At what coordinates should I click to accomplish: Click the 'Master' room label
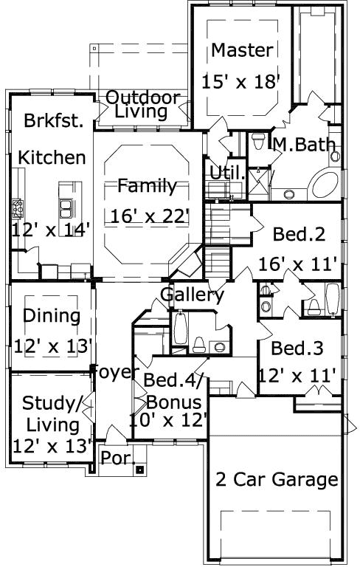point(242,50)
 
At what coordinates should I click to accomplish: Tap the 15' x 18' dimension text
point(242,80)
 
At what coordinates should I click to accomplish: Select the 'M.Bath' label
point(304,145)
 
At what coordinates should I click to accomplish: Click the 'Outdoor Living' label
point(143,104)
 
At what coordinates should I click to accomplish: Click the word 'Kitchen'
point(52,157)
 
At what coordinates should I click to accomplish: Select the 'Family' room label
point(147,185)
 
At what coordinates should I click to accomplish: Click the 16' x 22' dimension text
point(150,216)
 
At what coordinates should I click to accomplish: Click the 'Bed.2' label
point(299,234)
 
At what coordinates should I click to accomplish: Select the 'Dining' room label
point(51,316)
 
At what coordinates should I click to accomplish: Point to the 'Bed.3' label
point(297,348)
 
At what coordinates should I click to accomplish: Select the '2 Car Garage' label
point(277,479)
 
